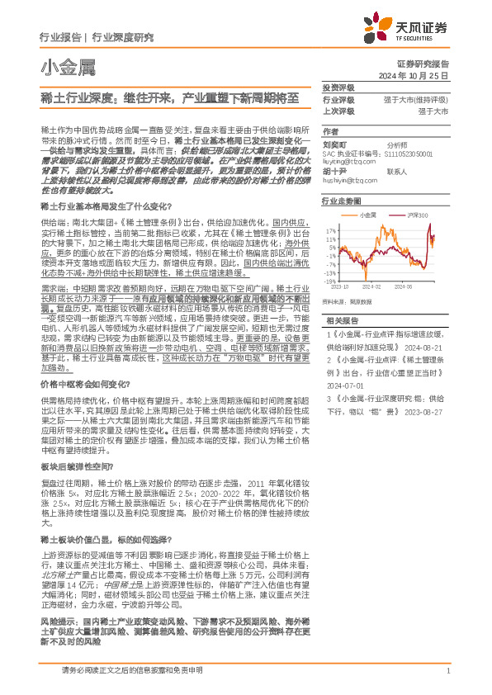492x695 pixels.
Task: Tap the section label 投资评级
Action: tap(338, 87)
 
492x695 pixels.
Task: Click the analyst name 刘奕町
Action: tap(334, 143)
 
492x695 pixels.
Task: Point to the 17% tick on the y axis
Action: tap(330, 230)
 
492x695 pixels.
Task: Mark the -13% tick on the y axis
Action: tap(329, 272)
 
